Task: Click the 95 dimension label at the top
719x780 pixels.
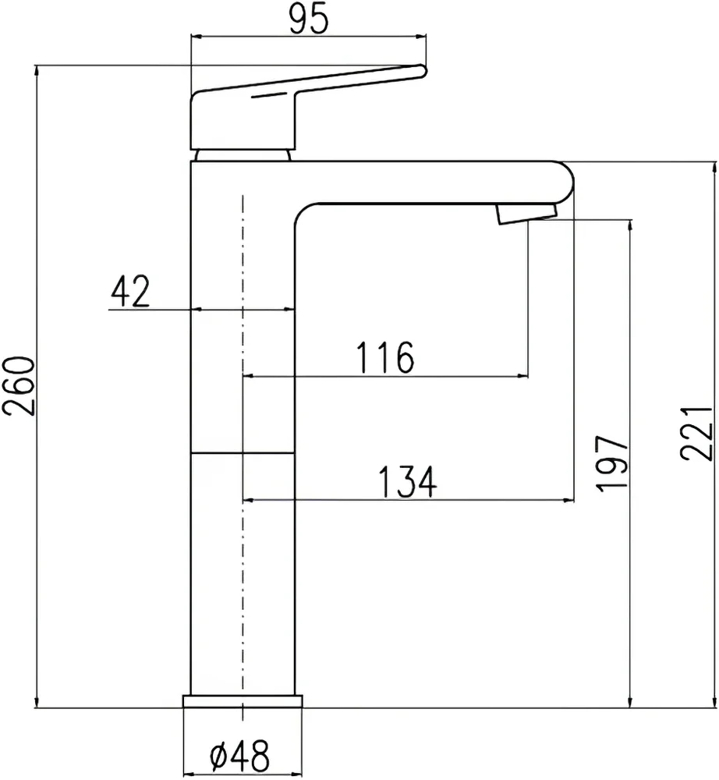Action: coord(308,20)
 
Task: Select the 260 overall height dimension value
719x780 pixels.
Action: coord(19,386)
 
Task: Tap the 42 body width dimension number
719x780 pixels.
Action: coord(130,292)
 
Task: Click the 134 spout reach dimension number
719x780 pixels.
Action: coord(406,482)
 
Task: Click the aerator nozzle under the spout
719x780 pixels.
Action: coord(526,213)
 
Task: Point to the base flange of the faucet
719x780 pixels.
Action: coord(243,701)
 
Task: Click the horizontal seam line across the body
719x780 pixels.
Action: coord(243,452)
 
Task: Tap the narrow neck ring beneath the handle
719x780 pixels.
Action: coord(243,154)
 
